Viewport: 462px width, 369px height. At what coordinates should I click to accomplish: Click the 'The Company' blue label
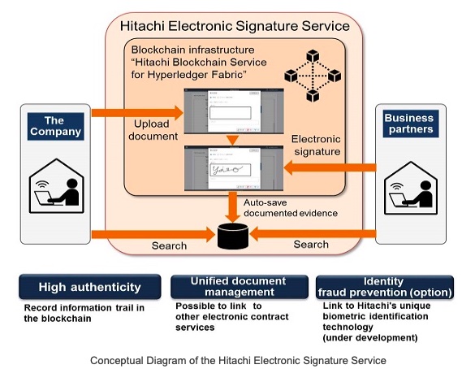(56, 126)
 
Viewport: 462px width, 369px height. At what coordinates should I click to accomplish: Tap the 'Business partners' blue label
(411, 124)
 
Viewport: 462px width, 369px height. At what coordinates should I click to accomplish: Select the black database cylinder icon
(233, 237)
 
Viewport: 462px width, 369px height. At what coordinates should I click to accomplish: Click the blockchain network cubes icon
(313, 76)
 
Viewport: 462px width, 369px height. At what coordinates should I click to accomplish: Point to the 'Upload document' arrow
(137, 113)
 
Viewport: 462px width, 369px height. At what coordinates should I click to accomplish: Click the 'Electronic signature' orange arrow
(330, 167)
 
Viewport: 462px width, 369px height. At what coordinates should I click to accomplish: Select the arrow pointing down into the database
(233, 207)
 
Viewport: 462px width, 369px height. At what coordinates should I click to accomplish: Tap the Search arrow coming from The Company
(153, 235)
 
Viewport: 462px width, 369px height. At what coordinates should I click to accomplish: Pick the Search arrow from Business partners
(313, 234)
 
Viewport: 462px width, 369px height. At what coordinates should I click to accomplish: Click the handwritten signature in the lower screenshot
(227, 170)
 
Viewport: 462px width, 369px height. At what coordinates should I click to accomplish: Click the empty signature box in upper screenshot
(231, 113)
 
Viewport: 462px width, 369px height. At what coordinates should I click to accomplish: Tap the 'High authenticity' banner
(90, 287)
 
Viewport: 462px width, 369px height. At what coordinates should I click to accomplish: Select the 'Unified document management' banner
(240, 287)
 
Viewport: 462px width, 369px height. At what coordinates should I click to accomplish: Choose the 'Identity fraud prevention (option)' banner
(385, 287)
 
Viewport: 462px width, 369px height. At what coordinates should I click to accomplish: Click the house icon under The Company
(56, 186)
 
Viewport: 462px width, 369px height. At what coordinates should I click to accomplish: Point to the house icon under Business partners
(411, 189)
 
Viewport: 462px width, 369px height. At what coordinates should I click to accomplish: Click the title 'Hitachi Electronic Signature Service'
(235, 26)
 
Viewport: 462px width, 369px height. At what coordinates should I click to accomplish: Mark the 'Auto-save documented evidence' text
(291, 208)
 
